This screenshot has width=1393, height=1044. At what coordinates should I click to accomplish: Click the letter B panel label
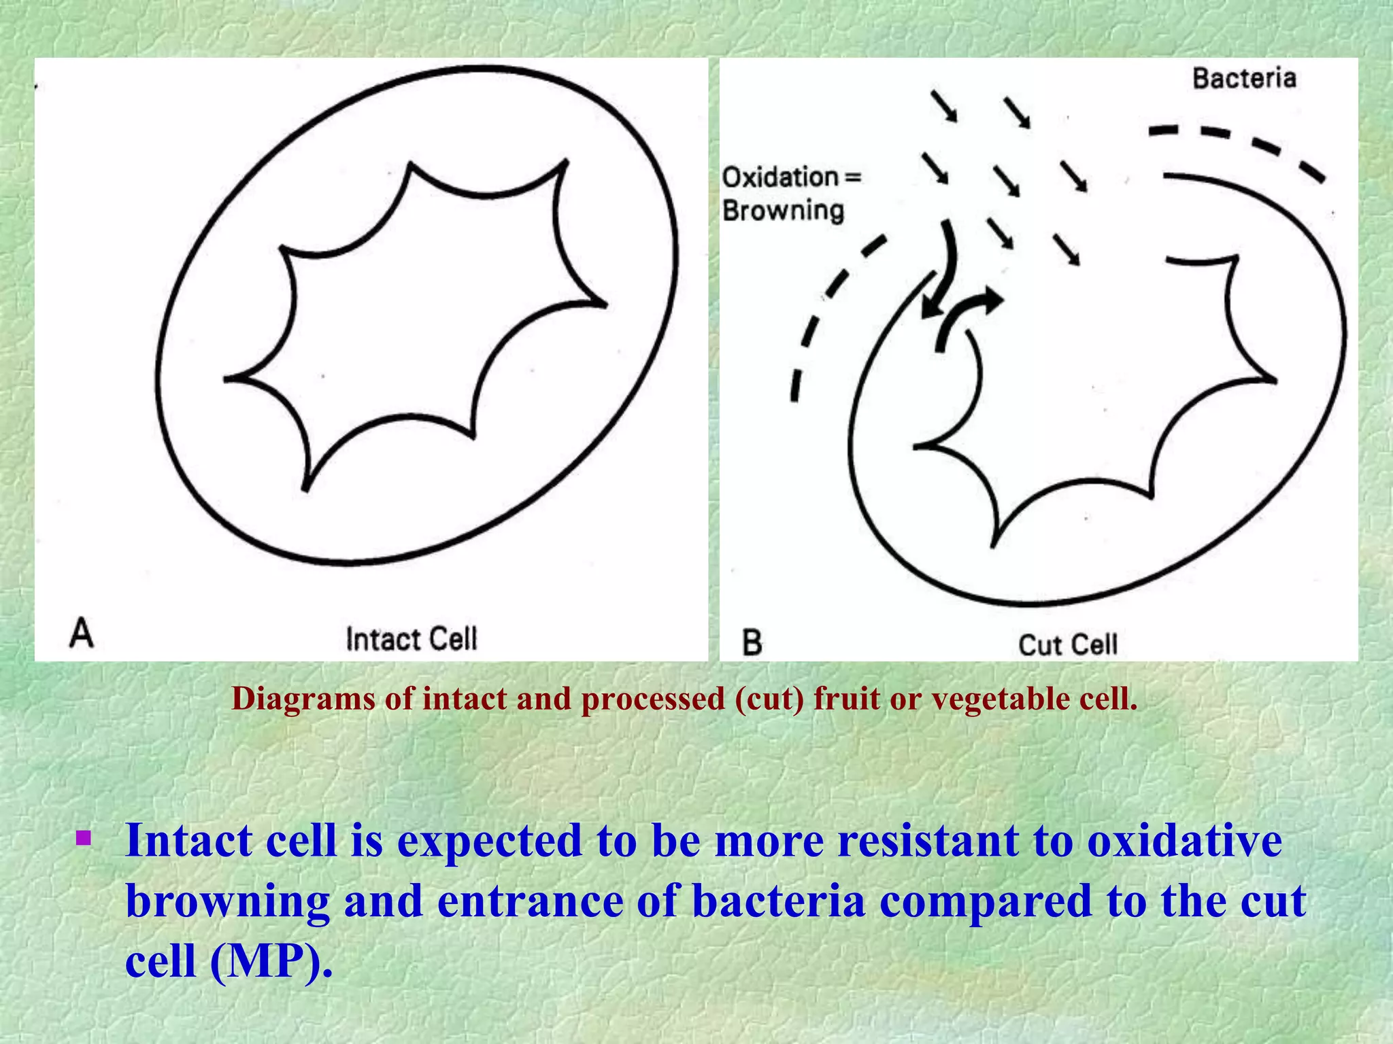[x=752, y=642]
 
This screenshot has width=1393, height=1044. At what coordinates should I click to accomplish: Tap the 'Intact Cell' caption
[x=412, y=639]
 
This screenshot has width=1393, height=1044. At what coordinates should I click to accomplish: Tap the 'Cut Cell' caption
[x=1068, y=644]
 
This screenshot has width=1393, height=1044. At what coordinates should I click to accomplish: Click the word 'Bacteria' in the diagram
[x=1244, y=78]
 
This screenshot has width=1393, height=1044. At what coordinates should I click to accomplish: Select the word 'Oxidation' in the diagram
[x=779, y=177]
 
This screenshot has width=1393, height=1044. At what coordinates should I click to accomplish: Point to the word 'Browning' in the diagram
[x=783, y=211]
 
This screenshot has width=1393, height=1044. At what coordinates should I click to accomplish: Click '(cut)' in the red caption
[x=769, y=699]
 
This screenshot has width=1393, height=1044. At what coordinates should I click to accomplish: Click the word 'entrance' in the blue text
[x=530, y=901]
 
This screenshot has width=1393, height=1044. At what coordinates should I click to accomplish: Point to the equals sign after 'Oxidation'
[x=853, y=177]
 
